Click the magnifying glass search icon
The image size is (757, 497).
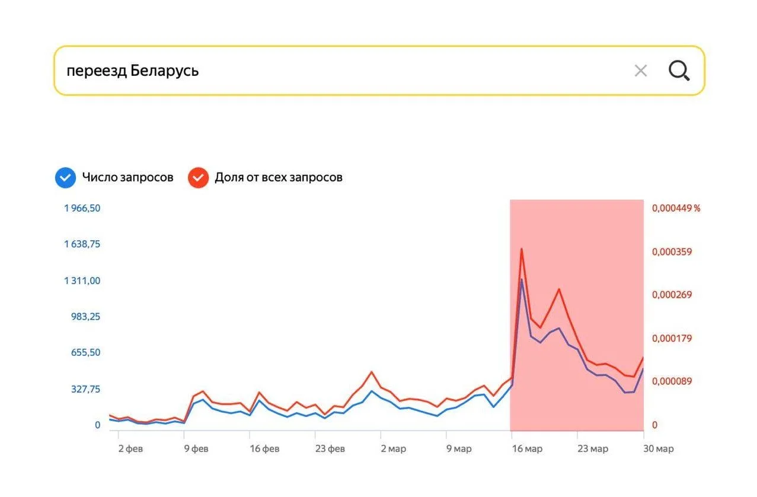[679, 71]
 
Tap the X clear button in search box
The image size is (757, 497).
[640, 71]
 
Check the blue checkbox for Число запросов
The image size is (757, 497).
[65, 177]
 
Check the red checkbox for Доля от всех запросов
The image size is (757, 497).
[198, 177]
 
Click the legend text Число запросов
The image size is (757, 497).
[127, 177]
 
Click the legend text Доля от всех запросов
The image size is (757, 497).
[278, 177]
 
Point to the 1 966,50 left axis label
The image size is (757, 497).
[82, 208]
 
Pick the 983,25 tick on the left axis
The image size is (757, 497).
[86, 317]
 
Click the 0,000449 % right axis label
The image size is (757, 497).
[676, 208]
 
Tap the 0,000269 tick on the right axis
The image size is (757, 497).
[672, 295]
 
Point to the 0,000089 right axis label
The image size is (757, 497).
[672, 381]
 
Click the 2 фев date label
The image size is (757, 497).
[130, 449]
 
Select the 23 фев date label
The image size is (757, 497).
[330, 449]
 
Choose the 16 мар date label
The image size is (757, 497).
[526, 449]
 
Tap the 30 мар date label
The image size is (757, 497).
[658, 449]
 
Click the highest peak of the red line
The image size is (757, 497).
[521, 249]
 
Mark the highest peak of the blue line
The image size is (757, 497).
[522, 279]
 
